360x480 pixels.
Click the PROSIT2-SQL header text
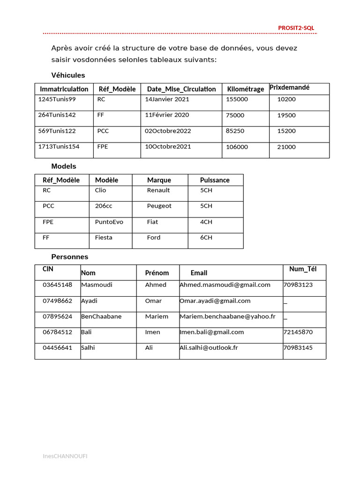point(296,28)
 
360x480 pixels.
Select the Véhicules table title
point(68,75)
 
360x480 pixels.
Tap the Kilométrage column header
point(246,89)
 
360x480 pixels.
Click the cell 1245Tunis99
point(57,99)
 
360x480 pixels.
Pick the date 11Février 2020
point(167,115)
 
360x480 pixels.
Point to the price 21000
point(286,147)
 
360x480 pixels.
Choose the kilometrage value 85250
point(235,131)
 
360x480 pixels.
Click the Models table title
point(63,166)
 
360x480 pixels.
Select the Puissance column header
point(215,180)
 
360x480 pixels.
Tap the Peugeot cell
point(159,206)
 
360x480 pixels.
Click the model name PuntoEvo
point(109,222)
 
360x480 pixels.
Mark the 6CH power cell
point(206,238)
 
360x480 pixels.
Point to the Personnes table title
point(69,257)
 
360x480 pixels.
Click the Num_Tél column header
point(303,269)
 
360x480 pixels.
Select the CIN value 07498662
point(57,301)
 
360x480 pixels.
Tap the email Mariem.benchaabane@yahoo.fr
point(227,316)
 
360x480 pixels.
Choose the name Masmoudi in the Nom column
point(97,285)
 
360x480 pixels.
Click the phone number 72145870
point(298,332)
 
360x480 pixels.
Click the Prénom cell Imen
point(152,332)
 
